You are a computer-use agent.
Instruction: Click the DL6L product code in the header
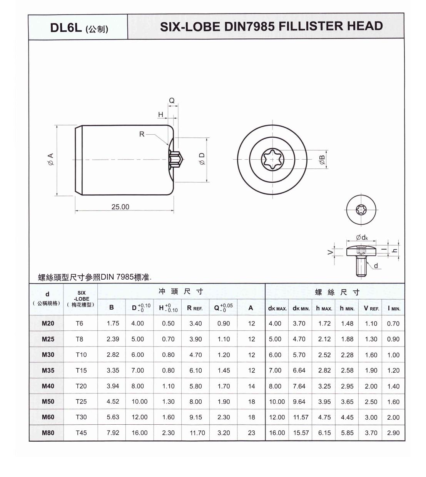(x=66, y=28)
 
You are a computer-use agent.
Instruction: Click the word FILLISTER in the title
(x=310, y=26)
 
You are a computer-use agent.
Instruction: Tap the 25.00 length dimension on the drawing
(x=120, y=207)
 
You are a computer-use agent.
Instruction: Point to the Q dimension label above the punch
(x=172, y=100)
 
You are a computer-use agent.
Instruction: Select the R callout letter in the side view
(x=142, y=134)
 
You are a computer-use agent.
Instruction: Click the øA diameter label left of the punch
(x=51, y=159)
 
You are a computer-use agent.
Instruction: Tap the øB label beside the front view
(x=322, y=160)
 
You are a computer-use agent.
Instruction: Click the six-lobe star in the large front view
(x=272, y=159)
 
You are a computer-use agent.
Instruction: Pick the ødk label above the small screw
(x=362, y=237)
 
